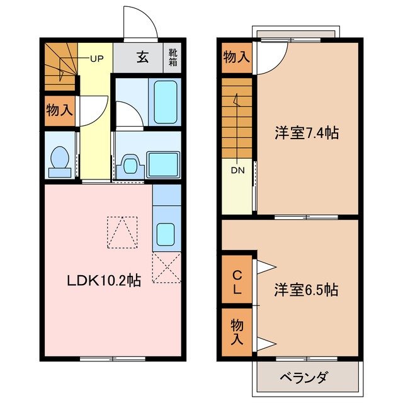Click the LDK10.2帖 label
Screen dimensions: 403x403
pyautogui.click(x=104, y=281)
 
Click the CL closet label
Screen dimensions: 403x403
pyautogui.click(x=237, y=283)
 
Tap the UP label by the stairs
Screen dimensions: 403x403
pyautogui.click(x=97, y=59)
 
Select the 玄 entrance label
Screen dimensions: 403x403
pyautogui.click(x=143, y=58)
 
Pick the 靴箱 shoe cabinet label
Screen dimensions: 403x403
pyautogui.click(x=173, y=57)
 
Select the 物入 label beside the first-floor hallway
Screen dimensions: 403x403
pyautogui.click(x=59, y=111)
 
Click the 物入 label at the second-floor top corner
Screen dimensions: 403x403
pyautogui.click(x=236, y=57)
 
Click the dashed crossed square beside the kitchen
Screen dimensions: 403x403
pyautogui.click(x=166, y=267)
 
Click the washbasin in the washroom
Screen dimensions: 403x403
pyautogui.click(x=130, y=165)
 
